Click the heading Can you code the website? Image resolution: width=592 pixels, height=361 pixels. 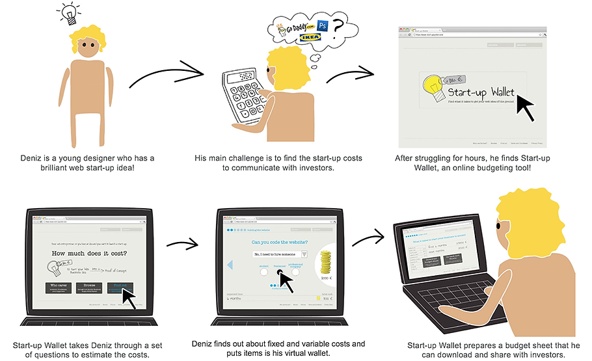coord(280,241)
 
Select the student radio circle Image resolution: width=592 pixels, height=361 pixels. coord(264,271)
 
